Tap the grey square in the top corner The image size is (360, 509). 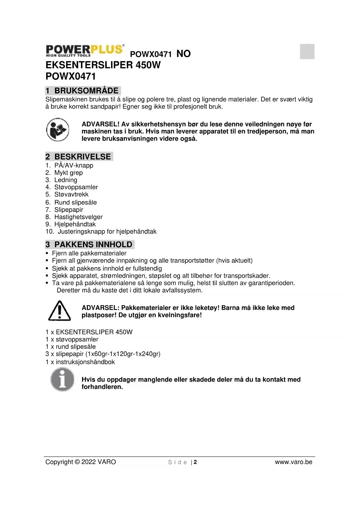tap(307, 52)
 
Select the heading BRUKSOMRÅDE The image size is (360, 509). tap(86, 91)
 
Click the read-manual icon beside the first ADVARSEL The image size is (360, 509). tap(58, 130)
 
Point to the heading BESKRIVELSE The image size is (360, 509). tap(82, 157)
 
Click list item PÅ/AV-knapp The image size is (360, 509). tap(74, 165)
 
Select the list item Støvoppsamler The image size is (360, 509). tap(76, 187)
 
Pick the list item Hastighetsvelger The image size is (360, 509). tap(78, 217)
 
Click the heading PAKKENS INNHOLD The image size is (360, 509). tap(93, 244)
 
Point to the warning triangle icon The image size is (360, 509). tap(59, 311)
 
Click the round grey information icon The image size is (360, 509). tap(62, 380)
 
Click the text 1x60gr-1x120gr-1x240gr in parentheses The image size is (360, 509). tap(123, 354)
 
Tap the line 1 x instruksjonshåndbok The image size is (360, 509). tap(80, 362)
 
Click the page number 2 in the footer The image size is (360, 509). tap(195, 462)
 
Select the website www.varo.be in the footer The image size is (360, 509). tap(294, 462)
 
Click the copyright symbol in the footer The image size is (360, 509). tap(77, 462)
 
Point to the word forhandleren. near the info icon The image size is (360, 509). tap(102, 387)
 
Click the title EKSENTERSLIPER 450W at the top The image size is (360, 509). tap(103, 65)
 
